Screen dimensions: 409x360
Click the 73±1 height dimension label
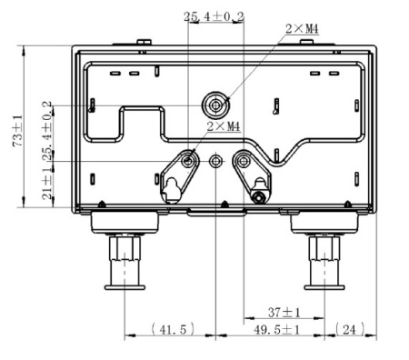(x=17, y=131)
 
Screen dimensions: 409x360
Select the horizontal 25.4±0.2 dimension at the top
(x=214, y=16)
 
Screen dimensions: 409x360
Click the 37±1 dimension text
(x=284, y=313)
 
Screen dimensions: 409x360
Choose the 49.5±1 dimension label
(x=276, y=329)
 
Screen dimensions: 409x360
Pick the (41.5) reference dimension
(x=173, y=329)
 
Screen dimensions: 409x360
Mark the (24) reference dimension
(x=350, y=329)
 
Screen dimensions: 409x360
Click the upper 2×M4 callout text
(x=302, y=29)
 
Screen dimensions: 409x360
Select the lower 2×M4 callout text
(x=224, y=126)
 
